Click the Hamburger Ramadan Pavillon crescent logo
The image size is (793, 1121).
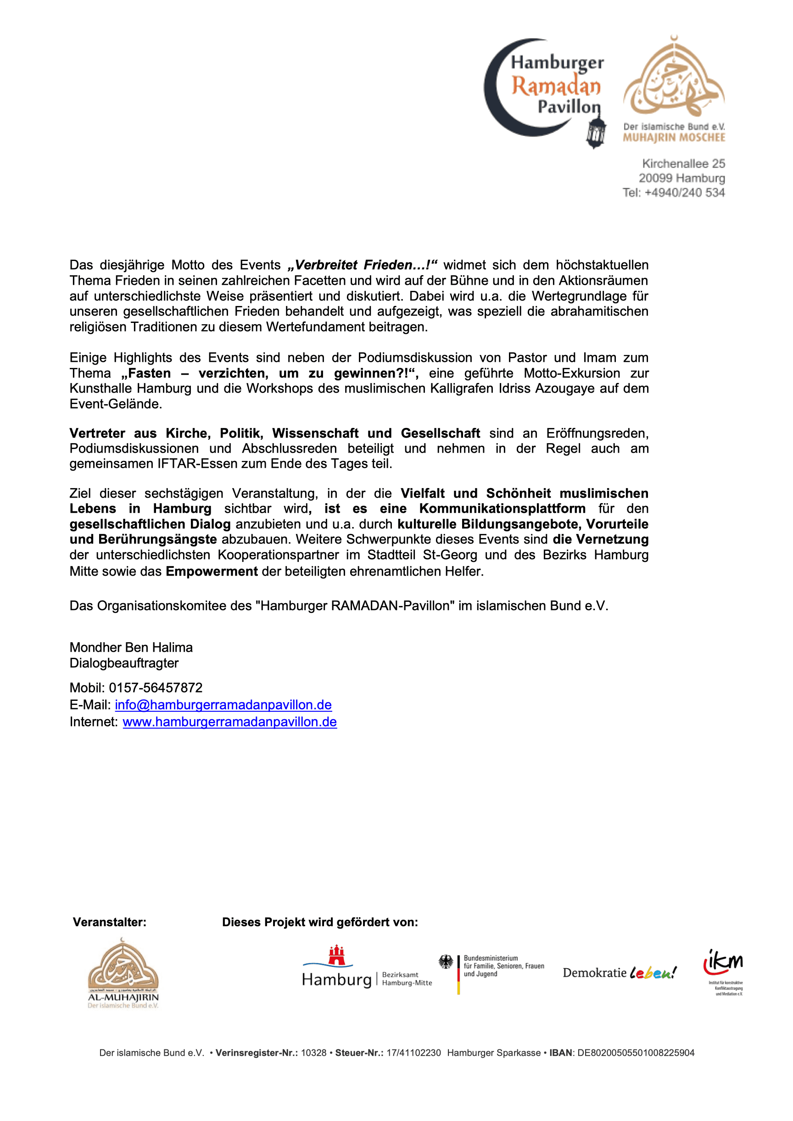click(x=542, y=88)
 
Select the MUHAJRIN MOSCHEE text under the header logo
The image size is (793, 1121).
click(x=674, y=138)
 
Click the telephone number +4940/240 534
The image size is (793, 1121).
click(x=684, y=193)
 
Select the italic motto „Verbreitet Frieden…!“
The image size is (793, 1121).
click(x=362, y=265)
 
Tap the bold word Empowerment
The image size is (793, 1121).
click(x=212, y=571)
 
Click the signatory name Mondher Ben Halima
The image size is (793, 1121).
click(x=131, y=647)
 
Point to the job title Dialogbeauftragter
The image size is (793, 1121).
click(x=124, y=663)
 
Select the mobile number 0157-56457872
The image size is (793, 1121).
click(x=156, y=688)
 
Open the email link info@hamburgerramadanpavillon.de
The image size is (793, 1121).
click(x=223, y=705)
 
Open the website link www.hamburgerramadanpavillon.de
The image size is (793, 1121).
click(x=229, y=722)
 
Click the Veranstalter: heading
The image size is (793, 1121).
click(x=109, y=922)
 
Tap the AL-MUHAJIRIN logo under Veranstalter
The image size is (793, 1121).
click(x=123, y=972)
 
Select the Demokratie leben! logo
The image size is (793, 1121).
click(x=619, y=973)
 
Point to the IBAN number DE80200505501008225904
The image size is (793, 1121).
click(x=635, y=1053)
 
